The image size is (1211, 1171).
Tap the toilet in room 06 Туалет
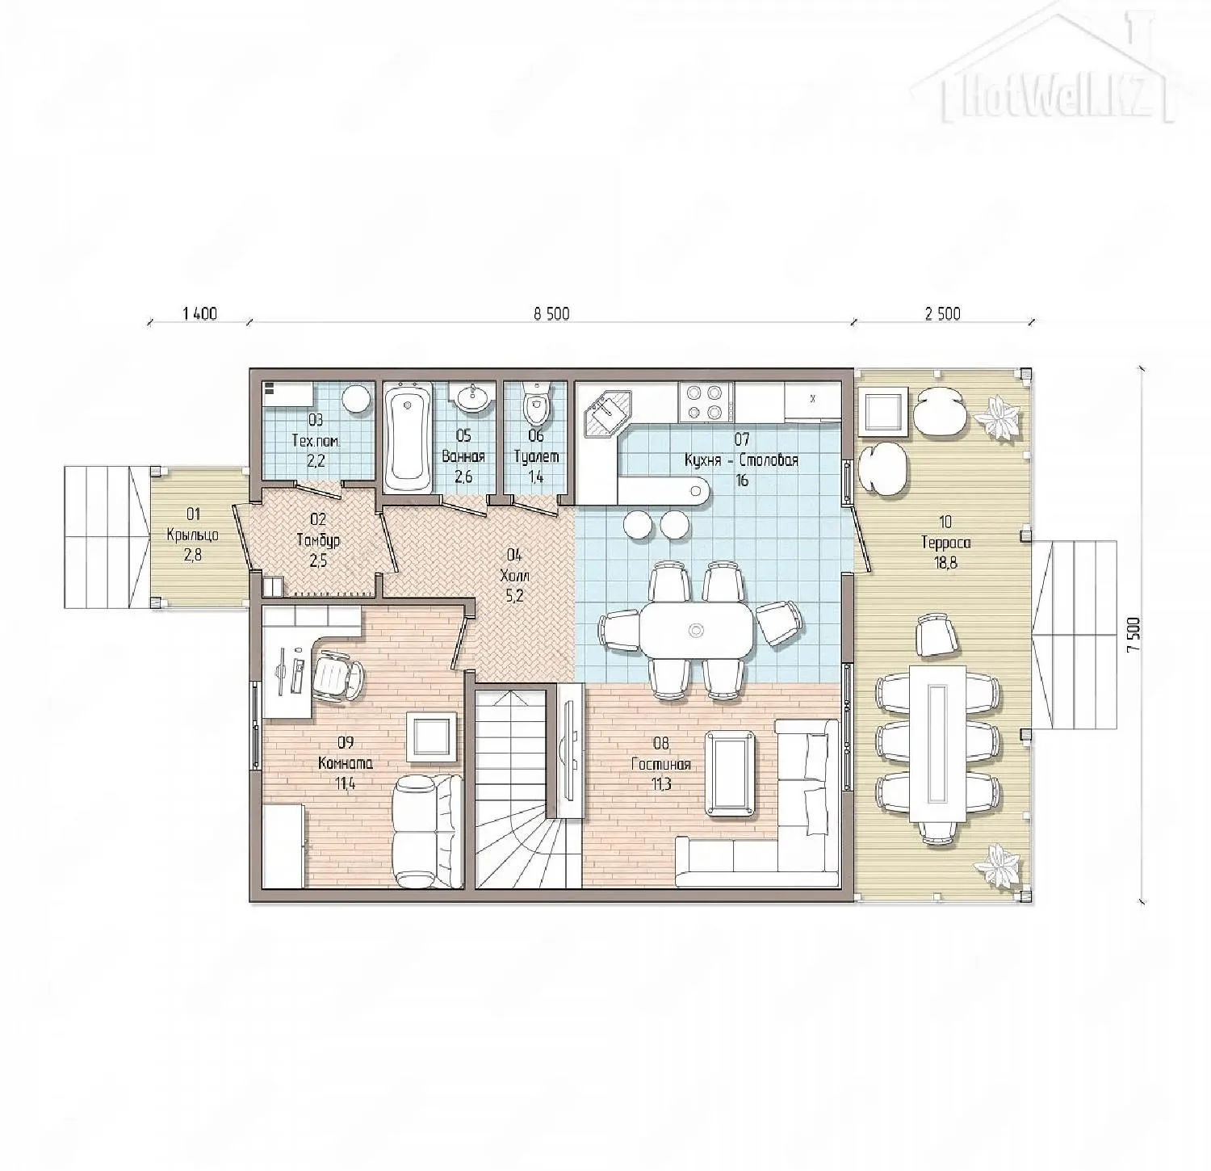(x=535, y=405)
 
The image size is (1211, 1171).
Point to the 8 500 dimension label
(x=551, y=314)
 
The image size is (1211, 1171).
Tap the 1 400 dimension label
(x=200, y=314)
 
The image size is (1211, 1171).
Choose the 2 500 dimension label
(x=943, y=314)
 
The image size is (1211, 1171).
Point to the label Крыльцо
(x=192, y=535)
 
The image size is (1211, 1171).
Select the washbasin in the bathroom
(x=472, y=397)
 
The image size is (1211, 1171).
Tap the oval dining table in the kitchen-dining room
(x=698, y=629)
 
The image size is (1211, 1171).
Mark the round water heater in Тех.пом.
(x=355, y=399)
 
